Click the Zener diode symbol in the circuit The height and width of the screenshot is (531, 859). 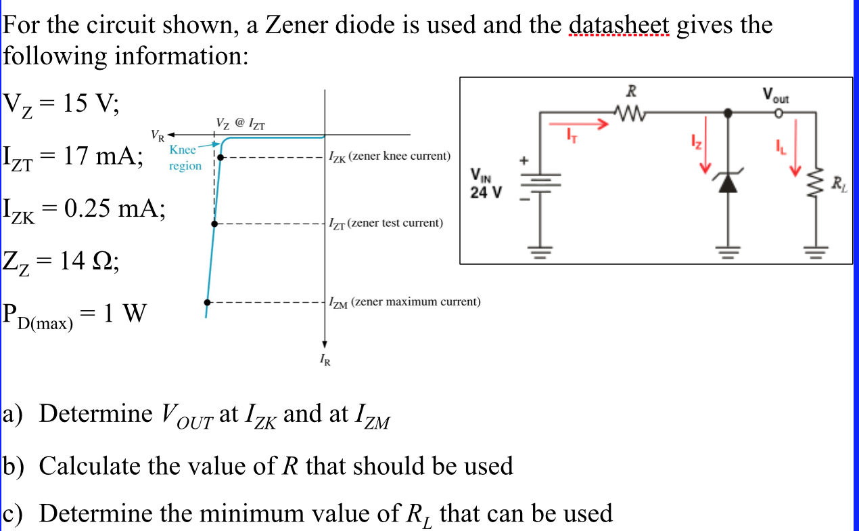pyautogui.click(x=727, y=183)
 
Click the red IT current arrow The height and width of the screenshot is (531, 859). pyautogui.click(x=576, y=125)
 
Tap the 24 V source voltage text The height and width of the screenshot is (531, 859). pyautogui.click(x=487, y=192)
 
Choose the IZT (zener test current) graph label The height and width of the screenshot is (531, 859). pyautogui.click(x=386, y=222)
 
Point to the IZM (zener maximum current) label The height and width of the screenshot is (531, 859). pyautogui.click(x=404, y=301)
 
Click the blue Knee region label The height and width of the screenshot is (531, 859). pyautogui.click(x=184, y=158)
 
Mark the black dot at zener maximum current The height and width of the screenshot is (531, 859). pyautogui.click(x=208, y=302)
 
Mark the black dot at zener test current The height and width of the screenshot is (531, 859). pyautogui.click(x=214, y=223)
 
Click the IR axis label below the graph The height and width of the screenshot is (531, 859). pyautogui.click(x=325, y=360)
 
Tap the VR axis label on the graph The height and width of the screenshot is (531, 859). pyautogui.click(x=156, y=133)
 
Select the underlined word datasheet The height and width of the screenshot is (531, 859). pyautogui.click(x=620, y=25)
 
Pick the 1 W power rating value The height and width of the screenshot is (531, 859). pyautogui.click(x=124, y=314)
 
